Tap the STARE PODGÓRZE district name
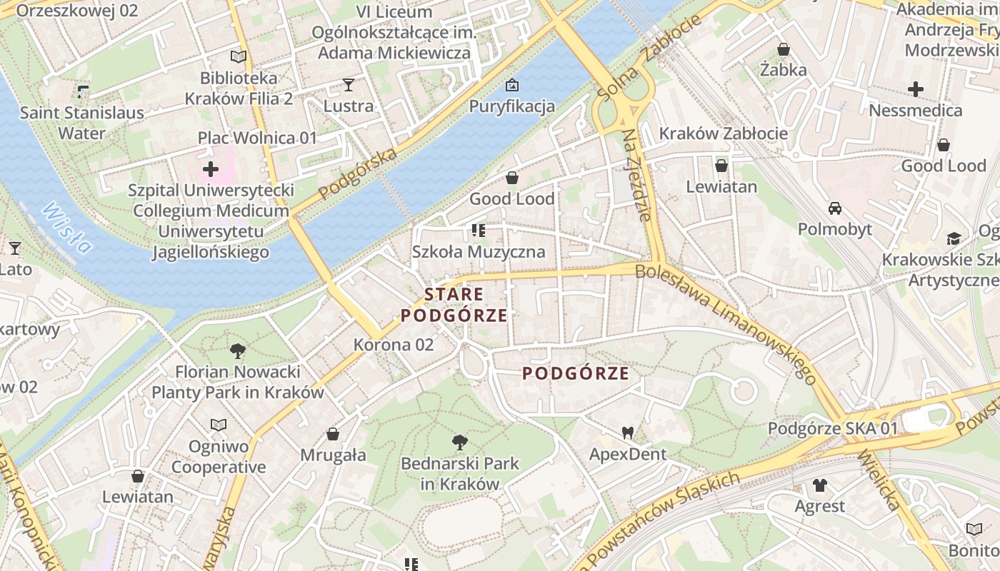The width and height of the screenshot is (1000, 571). point(454,305)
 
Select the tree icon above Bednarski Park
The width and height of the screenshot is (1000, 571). point(460,443)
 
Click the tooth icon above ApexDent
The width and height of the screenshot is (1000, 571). point(628,433)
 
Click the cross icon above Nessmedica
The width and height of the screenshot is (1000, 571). point(915,89)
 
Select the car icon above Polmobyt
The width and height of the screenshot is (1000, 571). point(834,208)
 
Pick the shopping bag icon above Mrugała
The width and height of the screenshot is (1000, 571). point(333,434)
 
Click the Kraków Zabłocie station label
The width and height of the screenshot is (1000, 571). point(723,133)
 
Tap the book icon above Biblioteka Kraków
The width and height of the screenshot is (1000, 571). point(238,56)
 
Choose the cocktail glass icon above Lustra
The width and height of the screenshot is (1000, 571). point(348,85)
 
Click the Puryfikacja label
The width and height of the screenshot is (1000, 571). point(511,106)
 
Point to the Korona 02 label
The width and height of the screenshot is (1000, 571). point(394,345)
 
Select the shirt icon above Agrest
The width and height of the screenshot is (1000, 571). point(819,485)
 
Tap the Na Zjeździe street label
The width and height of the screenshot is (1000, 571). point(639,175)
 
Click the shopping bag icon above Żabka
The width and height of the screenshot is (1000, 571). point(784,49)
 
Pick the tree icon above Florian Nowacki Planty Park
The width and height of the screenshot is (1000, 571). point(238,350)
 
